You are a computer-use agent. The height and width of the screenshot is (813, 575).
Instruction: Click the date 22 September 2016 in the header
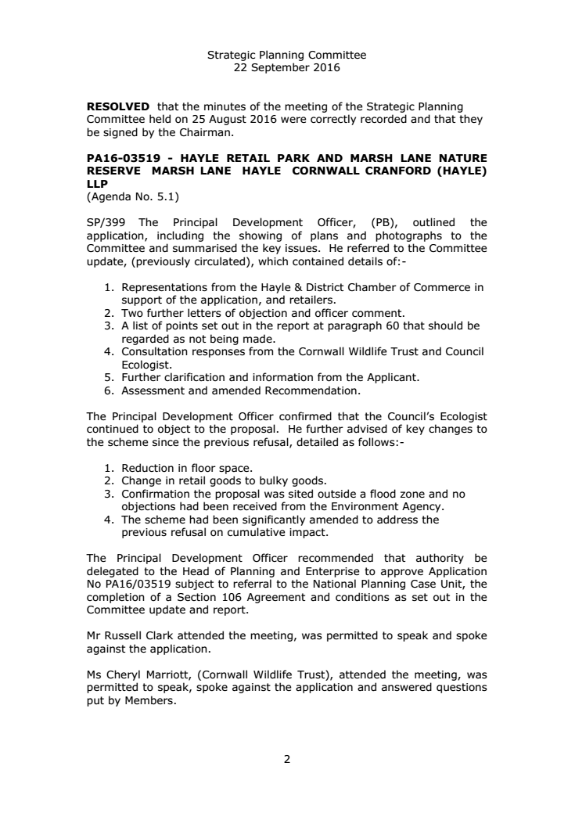coord(286,67)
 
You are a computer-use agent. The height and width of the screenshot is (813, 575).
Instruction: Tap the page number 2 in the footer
coord(286,758)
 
